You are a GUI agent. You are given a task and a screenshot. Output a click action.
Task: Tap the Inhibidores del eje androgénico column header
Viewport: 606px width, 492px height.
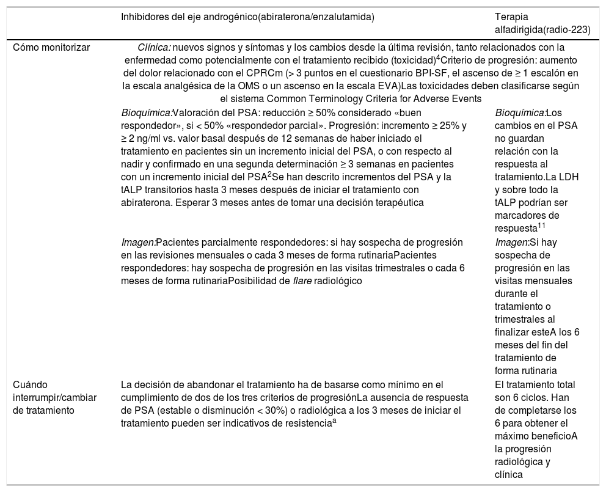[x=247, y=17]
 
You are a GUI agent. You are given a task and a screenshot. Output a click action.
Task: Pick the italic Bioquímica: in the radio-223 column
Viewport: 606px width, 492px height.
[x=520, y=112]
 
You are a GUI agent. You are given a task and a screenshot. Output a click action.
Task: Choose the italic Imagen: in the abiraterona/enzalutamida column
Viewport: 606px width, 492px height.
[x=139, y=242]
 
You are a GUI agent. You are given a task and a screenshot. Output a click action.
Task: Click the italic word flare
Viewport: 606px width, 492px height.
[x=322, y=281]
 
